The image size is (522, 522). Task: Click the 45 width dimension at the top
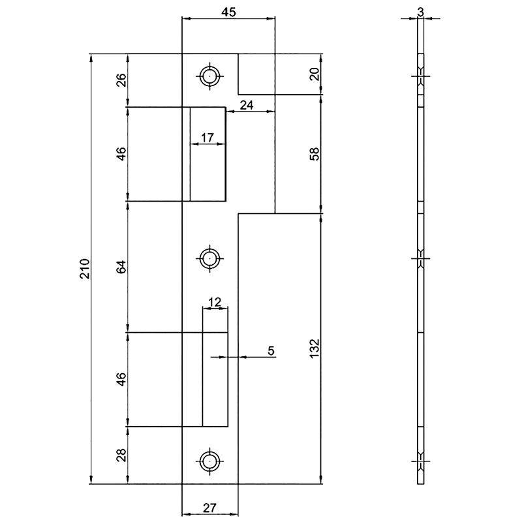pos(228,12)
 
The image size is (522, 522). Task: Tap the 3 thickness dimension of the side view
pos(422,12)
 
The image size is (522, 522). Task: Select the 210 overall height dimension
pos(84,269)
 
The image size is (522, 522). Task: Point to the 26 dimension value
pos(121,80)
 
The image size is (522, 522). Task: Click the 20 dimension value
pos(315,74)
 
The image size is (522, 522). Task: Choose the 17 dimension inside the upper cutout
pos(207,138)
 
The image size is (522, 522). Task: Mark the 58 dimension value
pos(315,155)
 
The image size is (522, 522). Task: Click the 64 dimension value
pos(121,266)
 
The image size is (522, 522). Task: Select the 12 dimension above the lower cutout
pos(215,302)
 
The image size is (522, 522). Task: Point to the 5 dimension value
pos(271,351)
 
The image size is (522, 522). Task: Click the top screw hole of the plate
pos(209,76)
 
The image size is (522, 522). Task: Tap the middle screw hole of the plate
pos(209,258)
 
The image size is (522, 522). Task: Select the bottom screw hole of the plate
pos(209,461)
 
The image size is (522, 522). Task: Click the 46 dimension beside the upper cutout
pos(121,153)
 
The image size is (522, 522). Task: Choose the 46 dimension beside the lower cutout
pos(121,379)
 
